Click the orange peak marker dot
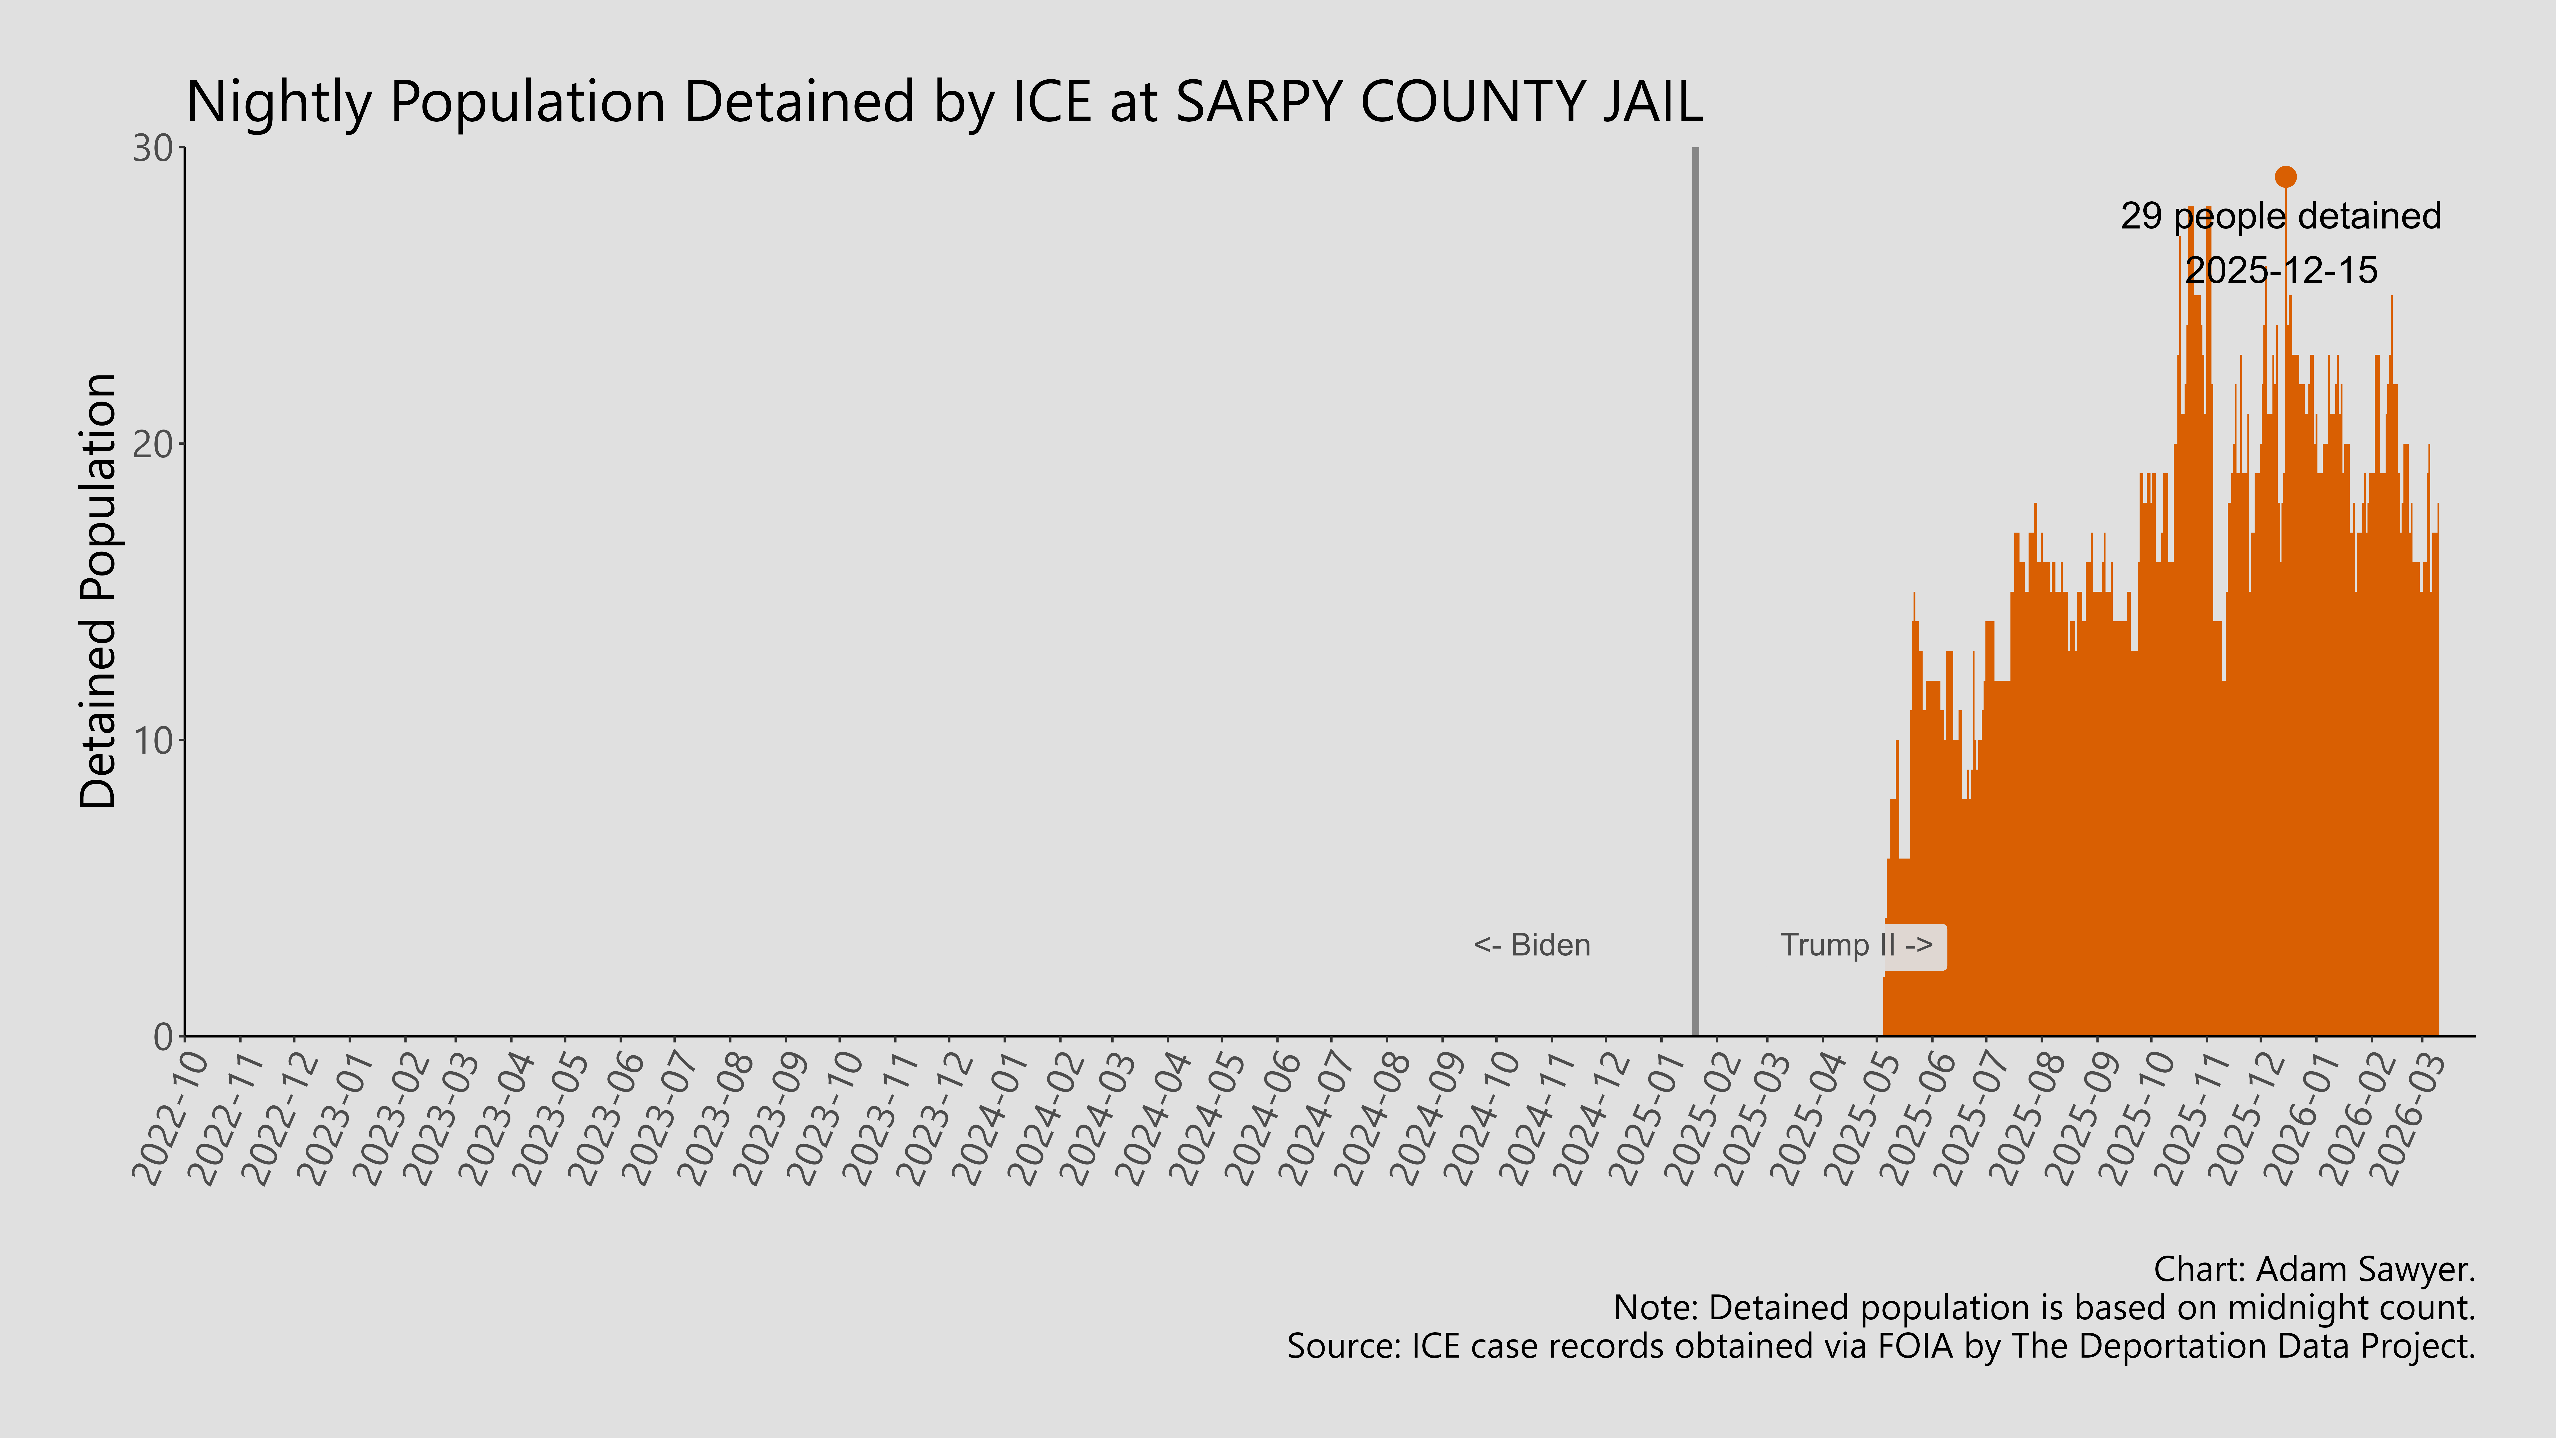coord(2285,177)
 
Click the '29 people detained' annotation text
coord(2280,216)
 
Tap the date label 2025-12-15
coord(2281,270)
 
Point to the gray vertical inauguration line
coord(1695,595)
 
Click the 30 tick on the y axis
coord(154,149)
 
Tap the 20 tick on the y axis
coord(154,445)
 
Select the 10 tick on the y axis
coord(154,740)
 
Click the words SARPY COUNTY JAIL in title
coord(1439,102)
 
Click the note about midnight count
coord(2044,1308)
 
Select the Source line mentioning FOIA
coord(1880,1347)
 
